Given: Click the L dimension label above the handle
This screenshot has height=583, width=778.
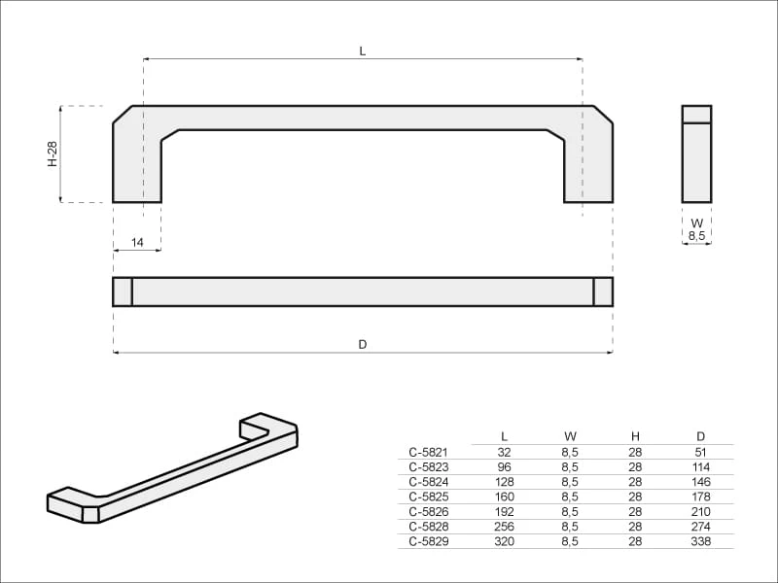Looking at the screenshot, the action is [363, 51].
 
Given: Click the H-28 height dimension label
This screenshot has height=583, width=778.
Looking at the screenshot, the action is [53, 154].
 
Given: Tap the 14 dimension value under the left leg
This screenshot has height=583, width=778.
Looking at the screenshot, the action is [137, 242].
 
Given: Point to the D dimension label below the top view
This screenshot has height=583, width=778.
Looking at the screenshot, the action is [363, 344].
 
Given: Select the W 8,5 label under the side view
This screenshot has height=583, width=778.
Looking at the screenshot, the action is [696, 229].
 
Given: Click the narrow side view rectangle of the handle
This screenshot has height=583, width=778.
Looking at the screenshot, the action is [696, 154].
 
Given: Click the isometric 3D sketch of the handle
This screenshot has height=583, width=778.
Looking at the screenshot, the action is [173, 467].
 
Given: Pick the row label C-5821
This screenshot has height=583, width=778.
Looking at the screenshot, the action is [428, 452].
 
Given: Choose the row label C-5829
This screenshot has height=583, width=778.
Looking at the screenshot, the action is [429, 541].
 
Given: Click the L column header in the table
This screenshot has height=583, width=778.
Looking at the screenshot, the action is [504, 436].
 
